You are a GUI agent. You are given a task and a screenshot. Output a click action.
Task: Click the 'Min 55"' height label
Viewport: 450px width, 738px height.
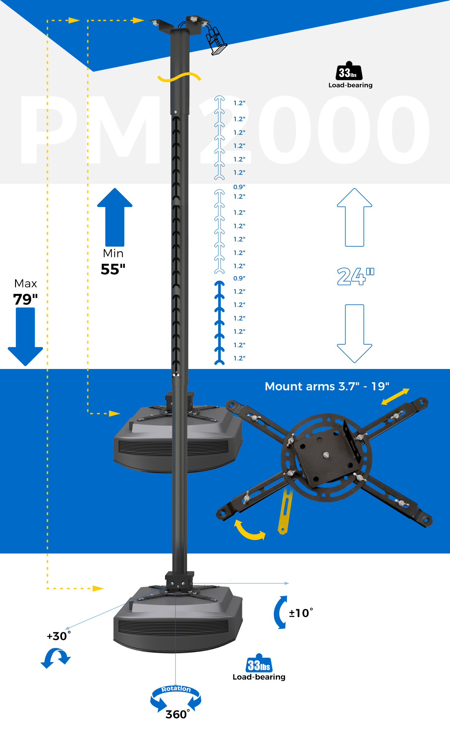(113, 262)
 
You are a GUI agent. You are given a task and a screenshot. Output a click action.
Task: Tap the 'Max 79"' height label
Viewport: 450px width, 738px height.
(26, 292)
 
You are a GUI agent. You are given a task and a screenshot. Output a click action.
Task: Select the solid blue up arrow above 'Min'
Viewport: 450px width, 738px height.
(115, 217)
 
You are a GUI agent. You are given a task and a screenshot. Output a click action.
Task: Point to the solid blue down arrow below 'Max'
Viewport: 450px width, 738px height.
(25, 337)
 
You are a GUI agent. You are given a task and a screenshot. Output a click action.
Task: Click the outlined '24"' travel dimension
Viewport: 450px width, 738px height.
(355, 276)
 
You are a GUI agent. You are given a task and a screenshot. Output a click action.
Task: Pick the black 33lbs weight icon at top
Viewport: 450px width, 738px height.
(349, 71)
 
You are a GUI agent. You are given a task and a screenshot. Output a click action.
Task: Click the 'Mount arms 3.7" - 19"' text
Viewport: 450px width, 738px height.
(327, 386)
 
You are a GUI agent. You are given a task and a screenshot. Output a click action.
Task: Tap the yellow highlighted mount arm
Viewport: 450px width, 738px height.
(285, 511)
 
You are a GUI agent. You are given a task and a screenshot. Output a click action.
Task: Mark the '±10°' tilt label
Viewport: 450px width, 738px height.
(301, 613)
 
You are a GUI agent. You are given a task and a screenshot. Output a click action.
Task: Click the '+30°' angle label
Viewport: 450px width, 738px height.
(59, 636)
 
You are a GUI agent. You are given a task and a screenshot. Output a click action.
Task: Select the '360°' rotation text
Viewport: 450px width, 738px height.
(178, 714)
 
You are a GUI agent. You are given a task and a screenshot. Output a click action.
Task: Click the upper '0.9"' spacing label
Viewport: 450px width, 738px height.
(239, 187)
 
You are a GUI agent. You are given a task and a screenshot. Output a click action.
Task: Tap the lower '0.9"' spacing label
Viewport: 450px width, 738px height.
(239, 278)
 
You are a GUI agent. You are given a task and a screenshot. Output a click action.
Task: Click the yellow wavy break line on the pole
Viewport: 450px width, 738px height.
(179, 77)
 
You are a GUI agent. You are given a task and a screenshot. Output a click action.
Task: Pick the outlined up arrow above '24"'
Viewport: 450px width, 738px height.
(354, 217)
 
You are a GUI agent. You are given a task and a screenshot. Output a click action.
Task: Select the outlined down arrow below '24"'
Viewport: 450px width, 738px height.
(354, 334)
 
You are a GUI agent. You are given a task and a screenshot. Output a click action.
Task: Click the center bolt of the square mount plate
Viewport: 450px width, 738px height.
(326, 454)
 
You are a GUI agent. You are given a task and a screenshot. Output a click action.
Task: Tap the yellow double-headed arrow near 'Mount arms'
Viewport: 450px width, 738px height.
(395, 396)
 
